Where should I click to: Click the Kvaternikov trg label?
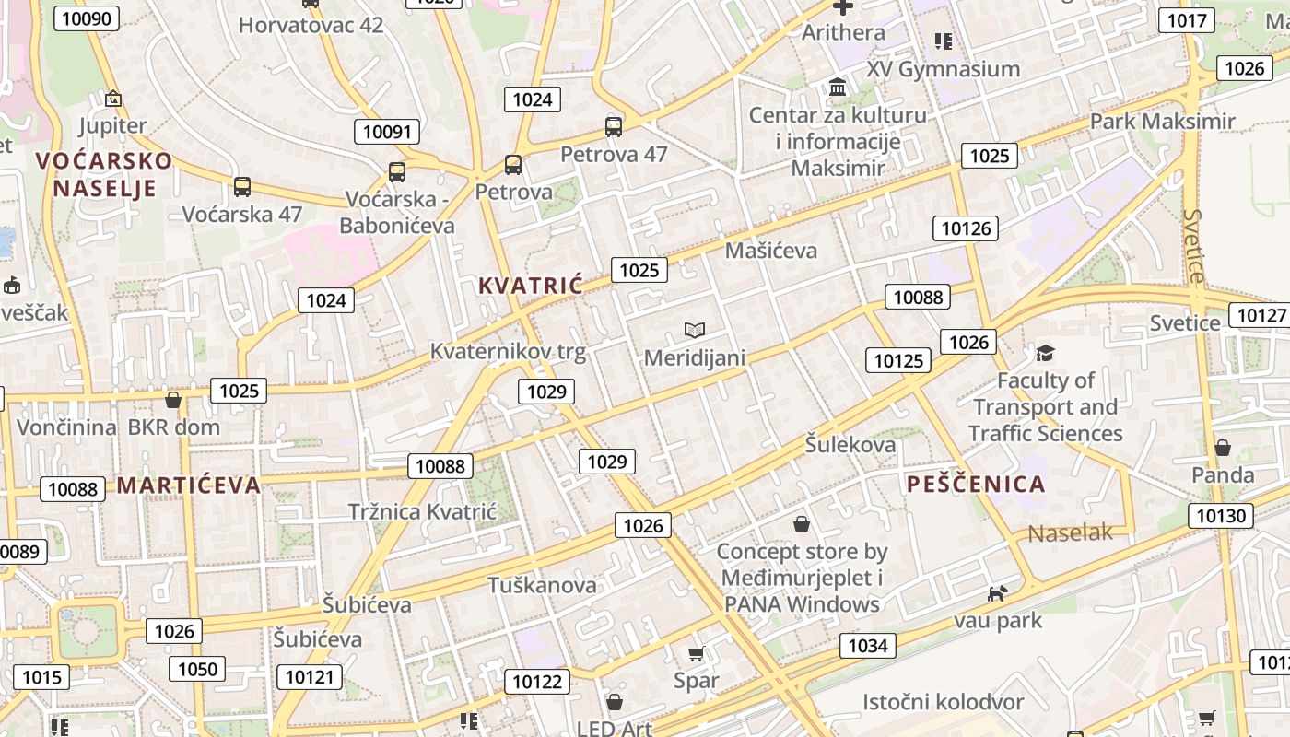point(508,352)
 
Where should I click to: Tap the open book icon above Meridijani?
point(695,330)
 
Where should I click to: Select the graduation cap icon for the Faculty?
point(1045,353)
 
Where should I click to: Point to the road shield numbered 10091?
point(387,132)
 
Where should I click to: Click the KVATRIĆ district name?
point(531,286)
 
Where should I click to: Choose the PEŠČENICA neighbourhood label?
point(976,485)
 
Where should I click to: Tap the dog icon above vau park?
point(996,594)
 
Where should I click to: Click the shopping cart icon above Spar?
point(697,654)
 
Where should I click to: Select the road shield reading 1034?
point(867,646)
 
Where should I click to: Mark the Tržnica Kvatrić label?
point(422,512)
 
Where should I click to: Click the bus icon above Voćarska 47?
point(242,187)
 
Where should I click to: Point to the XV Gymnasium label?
point(943,69)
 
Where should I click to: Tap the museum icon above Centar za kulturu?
point(838,88)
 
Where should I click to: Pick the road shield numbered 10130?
point(1221,515)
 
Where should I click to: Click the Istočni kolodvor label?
point(943,702)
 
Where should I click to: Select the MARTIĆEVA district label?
point(189,485)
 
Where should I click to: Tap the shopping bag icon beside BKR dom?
point(172,400)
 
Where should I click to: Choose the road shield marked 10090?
point(87,18)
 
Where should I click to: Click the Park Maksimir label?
point(1162,122)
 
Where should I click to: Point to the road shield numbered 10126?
point(966,228)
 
